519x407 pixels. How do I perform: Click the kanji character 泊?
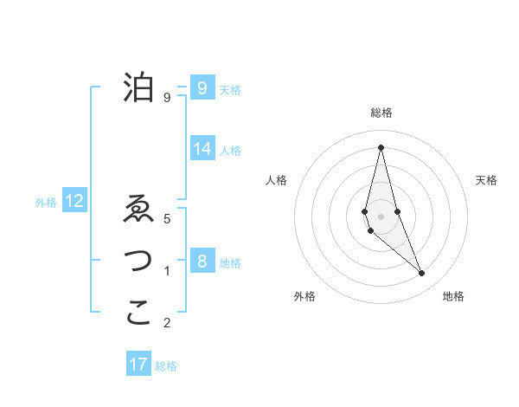[138, 87]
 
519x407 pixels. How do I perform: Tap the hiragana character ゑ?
[138, 210]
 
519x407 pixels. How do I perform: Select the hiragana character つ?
[138, 261]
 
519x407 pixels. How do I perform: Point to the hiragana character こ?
[138, 313]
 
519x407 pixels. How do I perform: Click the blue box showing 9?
[202, 87]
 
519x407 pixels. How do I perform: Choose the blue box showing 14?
[202, 148]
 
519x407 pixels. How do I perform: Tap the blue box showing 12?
[74, 202]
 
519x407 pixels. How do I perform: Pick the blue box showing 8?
[202, 261]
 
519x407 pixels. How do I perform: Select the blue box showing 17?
[138, 365]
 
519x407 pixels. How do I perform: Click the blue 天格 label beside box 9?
[230, 89]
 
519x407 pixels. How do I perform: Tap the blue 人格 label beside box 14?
[230, 150]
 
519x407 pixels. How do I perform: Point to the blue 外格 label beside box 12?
[46, 203]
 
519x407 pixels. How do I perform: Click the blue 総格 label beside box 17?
[166, 366]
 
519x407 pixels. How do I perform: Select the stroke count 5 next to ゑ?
[167, 219]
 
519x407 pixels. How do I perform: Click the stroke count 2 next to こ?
[167, 323]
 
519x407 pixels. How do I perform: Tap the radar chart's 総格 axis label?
[381, 113]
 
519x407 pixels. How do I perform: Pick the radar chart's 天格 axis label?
[487, 180]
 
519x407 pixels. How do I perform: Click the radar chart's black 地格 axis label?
[453, 296]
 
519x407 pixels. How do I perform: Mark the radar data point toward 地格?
[422, 274]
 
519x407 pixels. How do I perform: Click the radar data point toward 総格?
[381, 147]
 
